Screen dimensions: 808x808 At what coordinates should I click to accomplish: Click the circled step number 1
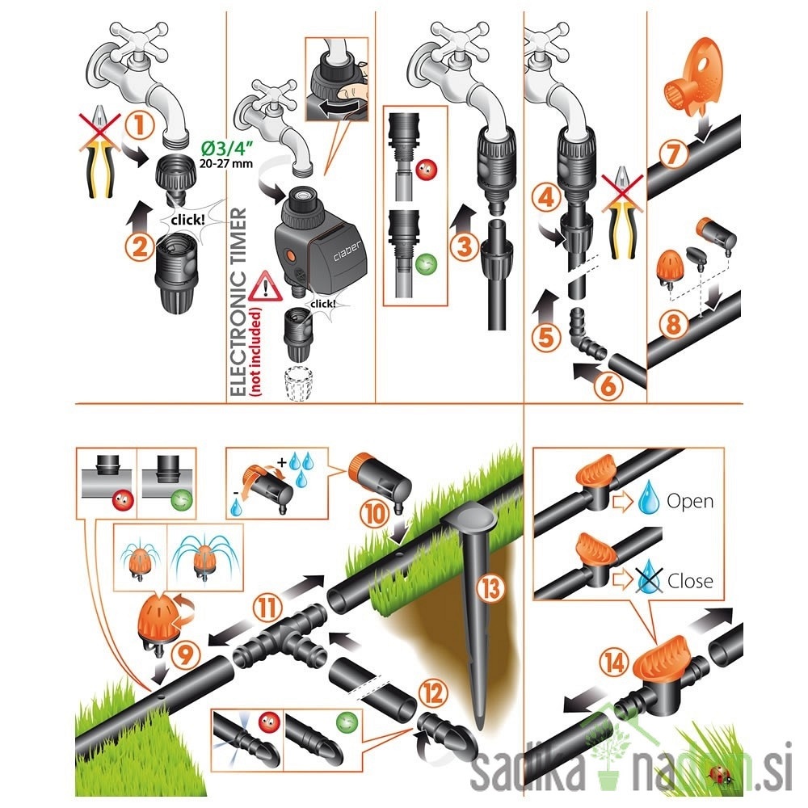(x=140, y=125)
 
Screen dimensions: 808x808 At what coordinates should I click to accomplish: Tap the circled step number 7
(x=674, y=154)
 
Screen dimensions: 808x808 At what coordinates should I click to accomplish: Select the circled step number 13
(x=490, y=588)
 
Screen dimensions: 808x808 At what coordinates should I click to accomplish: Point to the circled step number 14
(x=615, y=663)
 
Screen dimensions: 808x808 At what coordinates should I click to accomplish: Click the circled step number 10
(x=375, y=513)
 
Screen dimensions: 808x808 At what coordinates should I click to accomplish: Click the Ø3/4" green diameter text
(x=227, y=149)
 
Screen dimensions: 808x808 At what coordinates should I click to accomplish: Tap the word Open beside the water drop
(x=690, y=501)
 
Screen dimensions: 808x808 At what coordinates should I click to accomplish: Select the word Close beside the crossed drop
(x=690, y=581)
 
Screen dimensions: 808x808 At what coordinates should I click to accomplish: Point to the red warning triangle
(x=265, y=287)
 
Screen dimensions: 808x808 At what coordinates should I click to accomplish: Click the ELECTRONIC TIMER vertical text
(x=238, y=302)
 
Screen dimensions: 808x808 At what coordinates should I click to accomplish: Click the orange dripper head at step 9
(x=156, y=620)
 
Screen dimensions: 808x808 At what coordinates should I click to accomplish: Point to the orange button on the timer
(x=291, y=255)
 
